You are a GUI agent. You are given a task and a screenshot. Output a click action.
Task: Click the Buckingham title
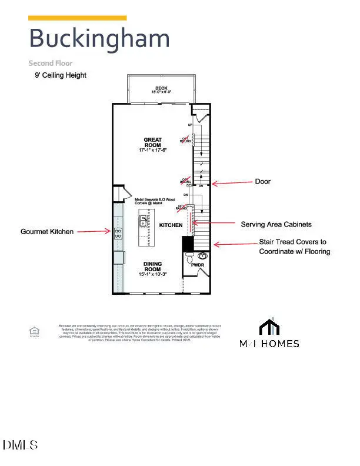99,39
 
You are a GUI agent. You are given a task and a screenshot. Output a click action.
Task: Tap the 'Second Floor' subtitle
51,63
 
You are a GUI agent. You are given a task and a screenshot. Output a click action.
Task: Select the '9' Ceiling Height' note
60,75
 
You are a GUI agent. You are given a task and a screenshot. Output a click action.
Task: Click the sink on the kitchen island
143,221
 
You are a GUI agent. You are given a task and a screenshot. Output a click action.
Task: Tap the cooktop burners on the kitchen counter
118,232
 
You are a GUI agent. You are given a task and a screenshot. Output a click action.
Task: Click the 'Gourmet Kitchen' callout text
47,232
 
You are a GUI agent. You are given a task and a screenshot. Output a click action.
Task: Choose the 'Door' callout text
262,182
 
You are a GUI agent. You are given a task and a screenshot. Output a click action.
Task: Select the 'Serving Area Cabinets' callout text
276,225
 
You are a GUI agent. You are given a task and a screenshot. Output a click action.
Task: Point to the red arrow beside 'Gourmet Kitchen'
94,232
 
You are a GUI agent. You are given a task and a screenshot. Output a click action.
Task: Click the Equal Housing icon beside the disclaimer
34,332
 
